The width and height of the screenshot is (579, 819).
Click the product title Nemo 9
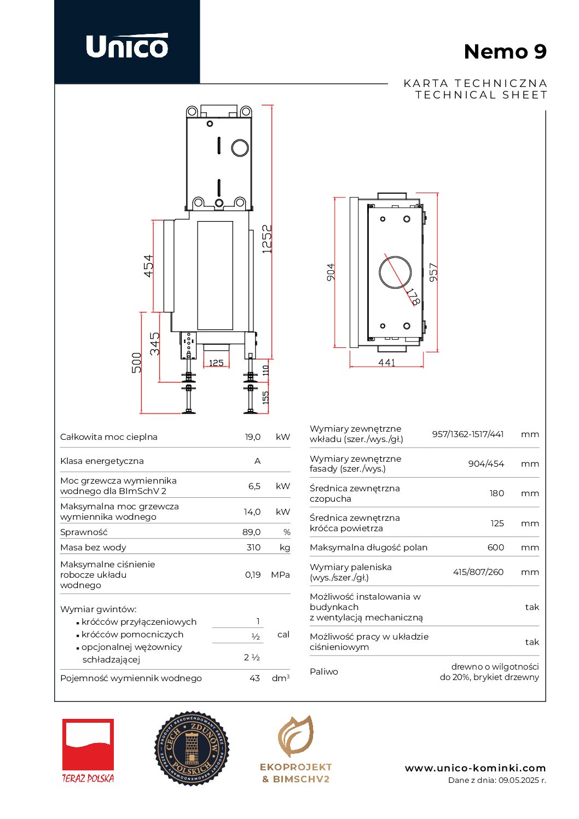click(x=505, y=51)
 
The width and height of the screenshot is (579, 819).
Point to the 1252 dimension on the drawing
click(x=267, y=239)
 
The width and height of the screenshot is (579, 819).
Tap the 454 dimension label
click(x=149, y=266)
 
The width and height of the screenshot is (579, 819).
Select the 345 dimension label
click(x=155, y=344)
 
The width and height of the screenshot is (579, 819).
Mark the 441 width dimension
click(x=386, y=362)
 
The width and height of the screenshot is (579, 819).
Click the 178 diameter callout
click(x=413, y=297)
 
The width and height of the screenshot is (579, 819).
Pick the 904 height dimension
click(x=331, y=272)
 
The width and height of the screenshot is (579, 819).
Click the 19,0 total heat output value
click(x=253, y=437)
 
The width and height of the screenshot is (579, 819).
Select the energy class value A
click(x=257, y=461)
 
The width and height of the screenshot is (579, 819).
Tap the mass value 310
click(x=253, y=547)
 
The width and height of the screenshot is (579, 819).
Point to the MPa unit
click(x=280, y=574)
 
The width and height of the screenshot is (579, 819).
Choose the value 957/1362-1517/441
click(x=467, y=434)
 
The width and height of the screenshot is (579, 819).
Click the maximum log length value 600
click(x=495, y=547)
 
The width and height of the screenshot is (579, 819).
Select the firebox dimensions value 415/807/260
click(x=478, y=572)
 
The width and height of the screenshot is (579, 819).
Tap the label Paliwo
click(x=324, y=671)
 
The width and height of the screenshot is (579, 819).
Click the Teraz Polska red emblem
click(x=88, y=745)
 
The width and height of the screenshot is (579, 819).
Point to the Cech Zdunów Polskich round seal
click(x=192, y=748)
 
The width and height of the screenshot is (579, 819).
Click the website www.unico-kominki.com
click(x=475, y=768)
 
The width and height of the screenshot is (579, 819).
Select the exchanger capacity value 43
click(x=254, y=678)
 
